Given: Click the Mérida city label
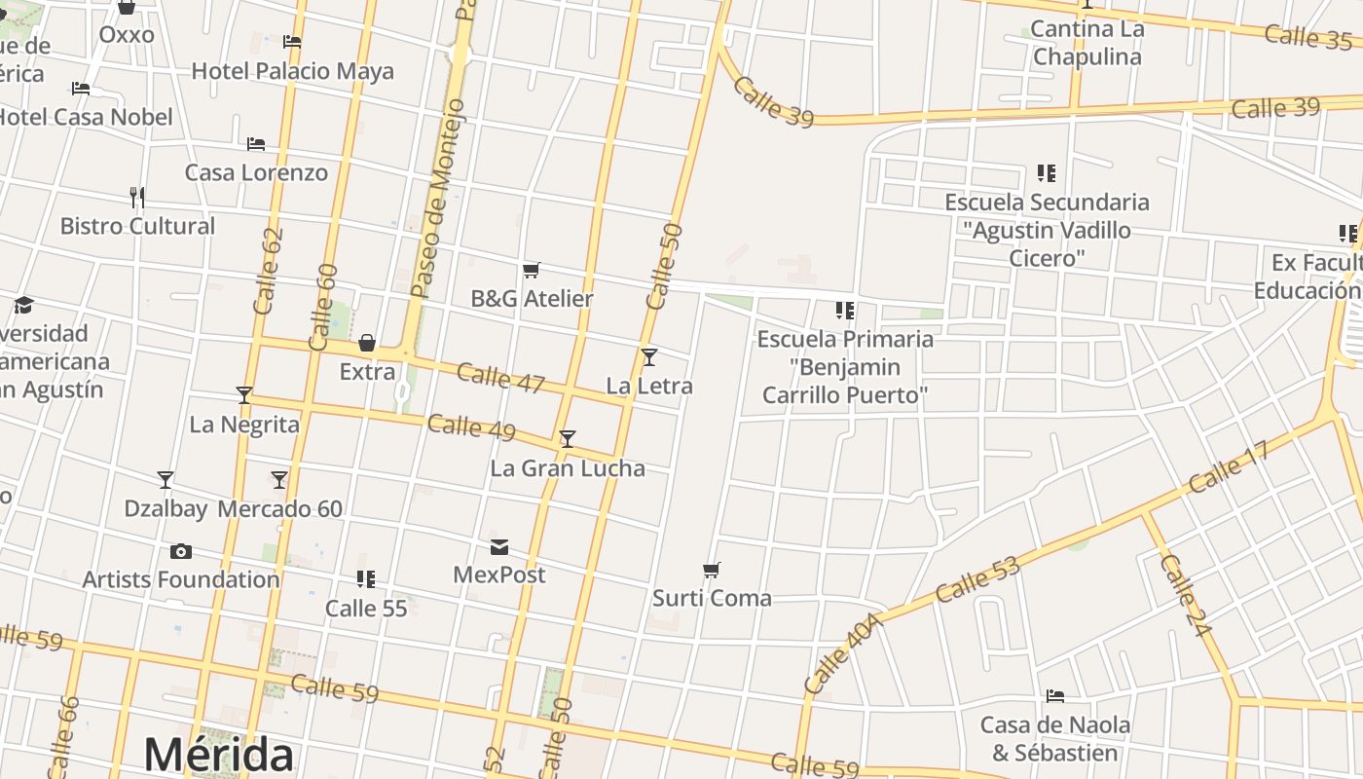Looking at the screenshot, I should [218, 756].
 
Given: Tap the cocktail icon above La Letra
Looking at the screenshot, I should [649, 357].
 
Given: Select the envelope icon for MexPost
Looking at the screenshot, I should [499, 547].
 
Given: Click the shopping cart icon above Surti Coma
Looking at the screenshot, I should [712, 570].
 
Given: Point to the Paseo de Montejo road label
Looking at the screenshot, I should [438, 199].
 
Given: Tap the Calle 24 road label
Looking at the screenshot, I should [1186, 596].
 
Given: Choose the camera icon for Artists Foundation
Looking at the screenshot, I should [181, 552].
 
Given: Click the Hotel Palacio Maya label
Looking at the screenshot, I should [292, 71].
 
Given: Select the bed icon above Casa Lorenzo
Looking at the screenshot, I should [256, 144].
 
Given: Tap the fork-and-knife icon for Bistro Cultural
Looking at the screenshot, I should [137, 198].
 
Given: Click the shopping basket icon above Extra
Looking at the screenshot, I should [367, 343].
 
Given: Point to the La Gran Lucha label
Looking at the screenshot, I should [568, 468].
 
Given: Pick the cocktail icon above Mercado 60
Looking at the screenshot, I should [279, 480].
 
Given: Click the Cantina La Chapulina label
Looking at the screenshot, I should [1087, 43].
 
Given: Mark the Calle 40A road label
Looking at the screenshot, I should [842, 653].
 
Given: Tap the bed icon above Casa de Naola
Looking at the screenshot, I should [1054, 696].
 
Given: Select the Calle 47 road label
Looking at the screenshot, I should [500, 378].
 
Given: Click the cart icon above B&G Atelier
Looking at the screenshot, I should [532, 270].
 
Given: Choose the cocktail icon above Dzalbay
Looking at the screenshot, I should [166, 480].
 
